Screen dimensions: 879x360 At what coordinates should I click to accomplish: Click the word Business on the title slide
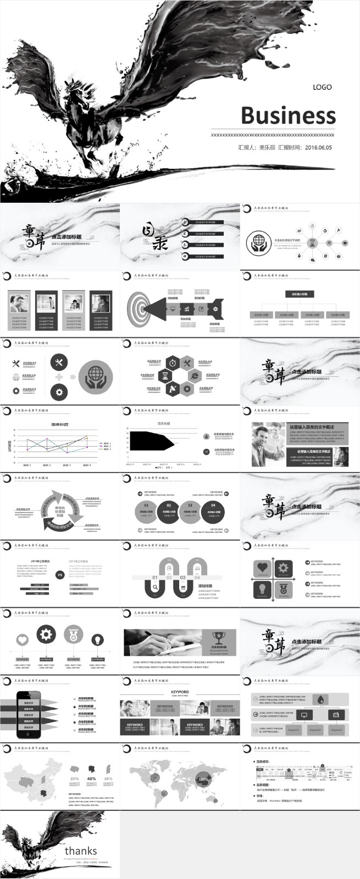[288, 116]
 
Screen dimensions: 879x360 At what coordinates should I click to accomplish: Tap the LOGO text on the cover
[322, 87]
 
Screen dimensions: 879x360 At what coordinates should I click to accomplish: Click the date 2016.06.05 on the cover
[318, 148]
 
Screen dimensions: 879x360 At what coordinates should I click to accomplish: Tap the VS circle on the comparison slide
[60, 575]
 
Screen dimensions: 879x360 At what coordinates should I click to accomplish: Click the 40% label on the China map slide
[91, 778]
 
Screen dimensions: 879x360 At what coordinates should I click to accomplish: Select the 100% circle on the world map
[203, 779]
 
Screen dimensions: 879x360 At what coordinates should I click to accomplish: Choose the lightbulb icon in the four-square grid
[263, 589]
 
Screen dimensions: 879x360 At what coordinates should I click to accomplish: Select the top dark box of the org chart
[300, 294]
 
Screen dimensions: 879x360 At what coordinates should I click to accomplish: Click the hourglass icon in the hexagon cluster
[164, 376]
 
